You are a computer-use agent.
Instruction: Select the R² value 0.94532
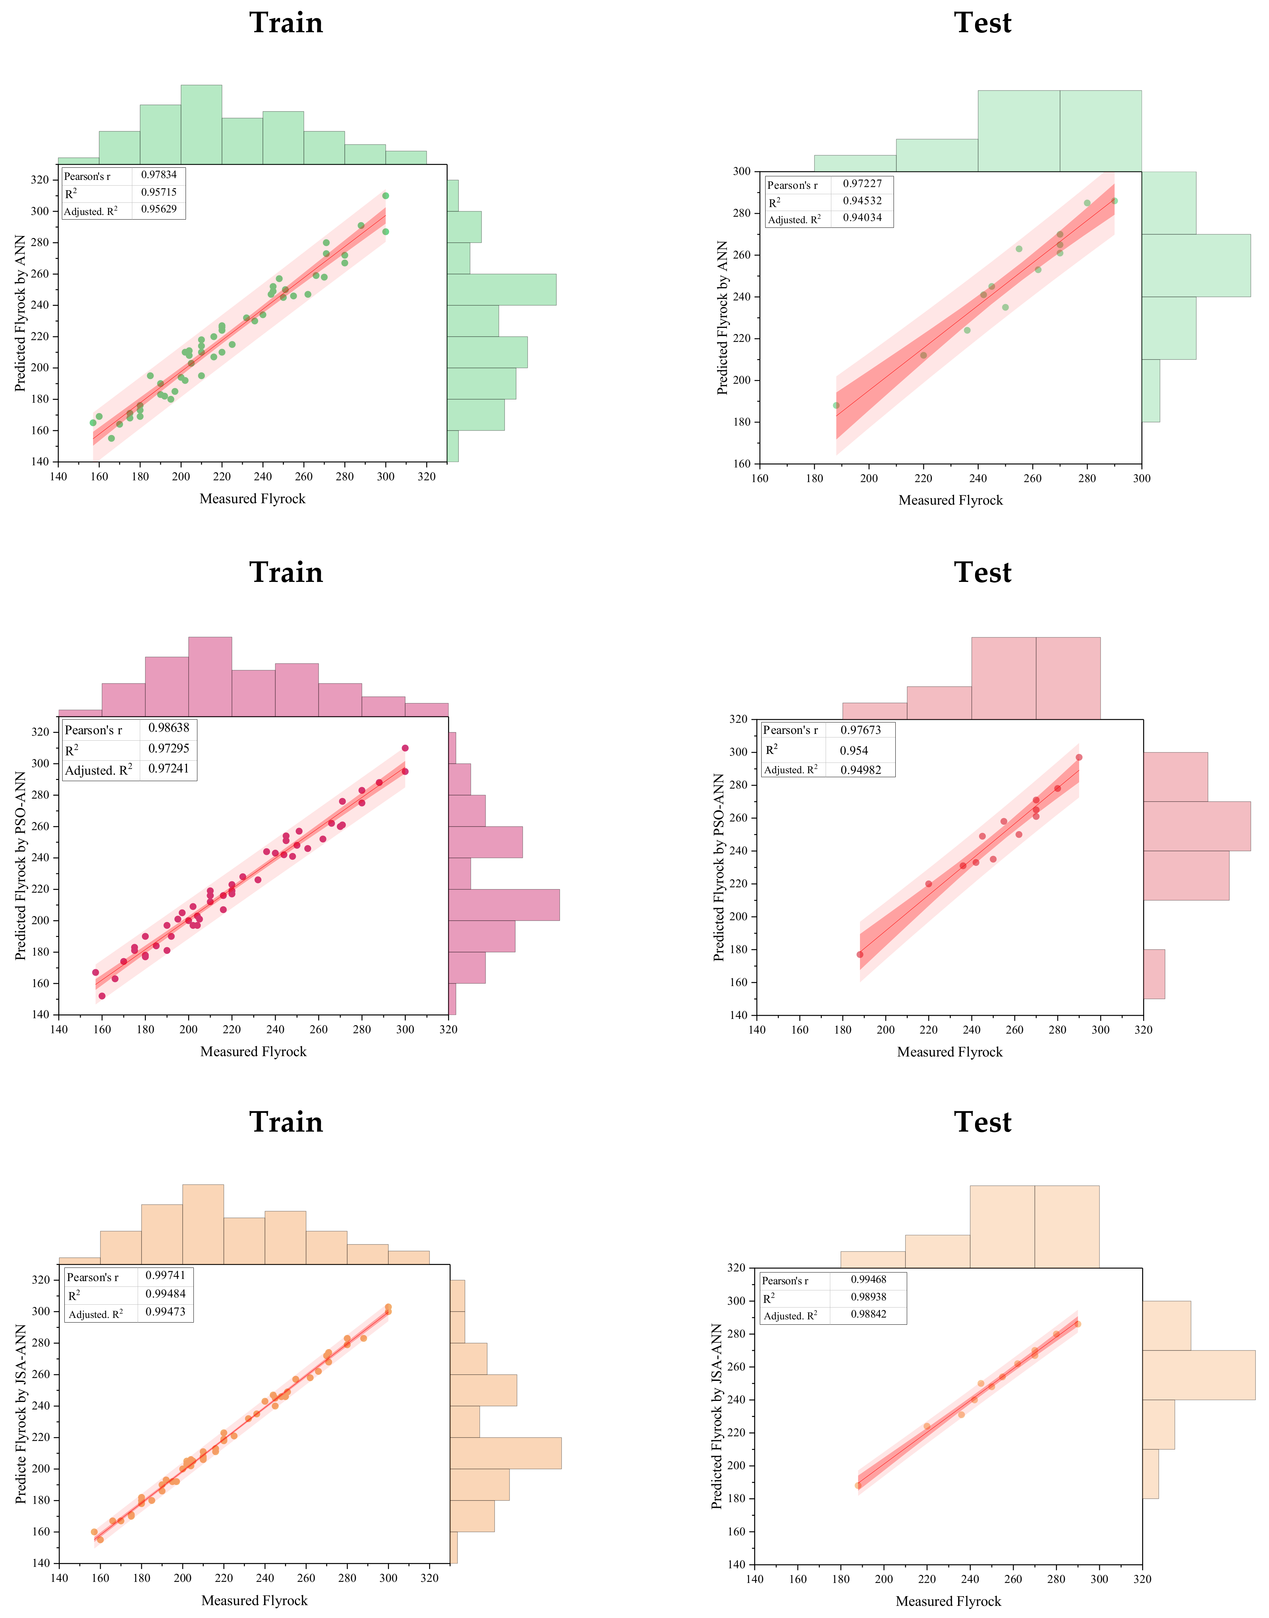click(x=862, y=201)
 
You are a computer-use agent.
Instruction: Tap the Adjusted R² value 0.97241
click(x=169, y=769)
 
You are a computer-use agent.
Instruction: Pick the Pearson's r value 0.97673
click(x=860, y=730)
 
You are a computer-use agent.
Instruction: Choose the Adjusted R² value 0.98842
click(x=868, y=1314)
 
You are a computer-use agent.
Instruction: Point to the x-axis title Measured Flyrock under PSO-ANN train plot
click(x=254, y=1051)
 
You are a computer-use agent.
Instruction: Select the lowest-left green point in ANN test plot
click(x=836, y=405)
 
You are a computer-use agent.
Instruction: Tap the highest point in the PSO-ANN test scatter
click(x=1079, y=757)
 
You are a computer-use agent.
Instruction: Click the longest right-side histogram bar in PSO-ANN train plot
click(x=504, y=904)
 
